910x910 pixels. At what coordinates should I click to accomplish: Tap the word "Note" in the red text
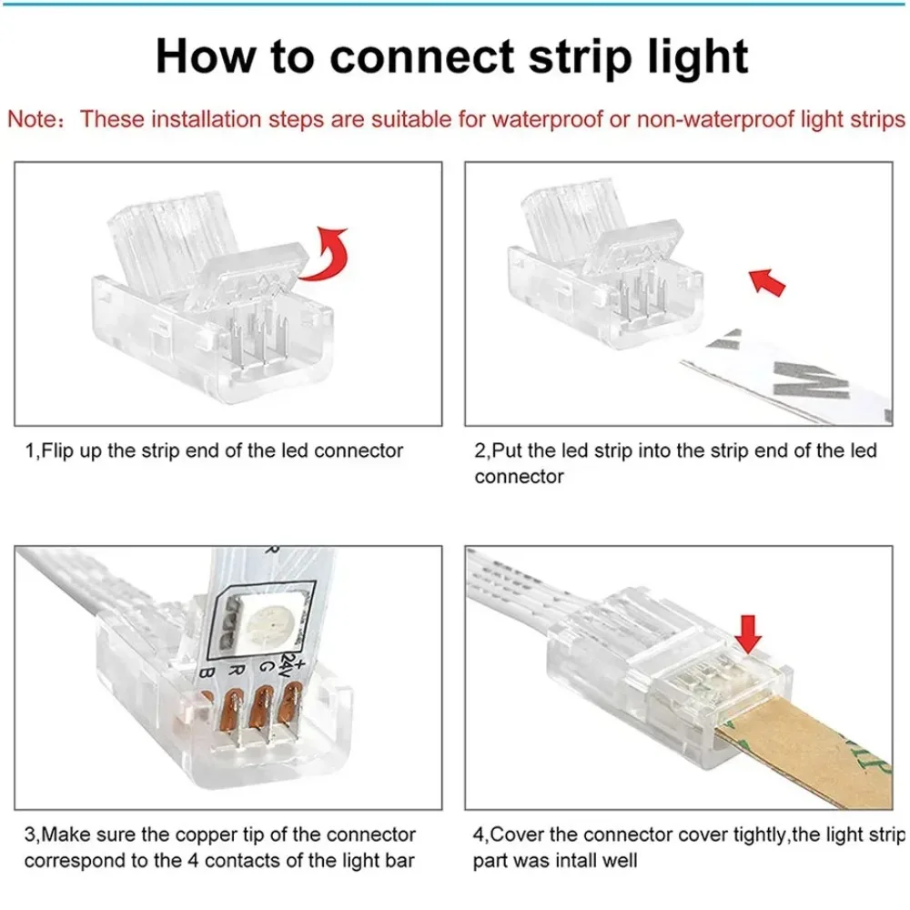coord(32,120)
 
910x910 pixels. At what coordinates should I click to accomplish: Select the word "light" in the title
coord(695,56)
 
